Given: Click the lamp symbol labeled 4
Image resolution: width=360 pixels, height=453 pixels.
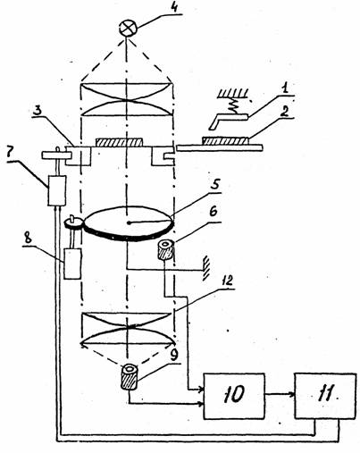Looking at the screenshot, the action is (129, 29).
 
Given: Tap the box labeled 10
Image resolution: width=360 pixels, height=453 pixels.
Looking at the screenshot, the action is (234, 396).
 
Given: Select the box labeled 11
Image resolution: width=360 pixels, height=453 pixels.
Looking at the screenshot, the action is (325, 396).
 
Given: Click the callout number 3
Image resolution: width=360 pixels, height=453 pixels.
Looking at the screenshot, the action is (38, 111).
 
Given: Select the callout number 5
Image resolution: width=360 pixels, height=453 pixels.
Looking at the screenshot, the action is (214, 185).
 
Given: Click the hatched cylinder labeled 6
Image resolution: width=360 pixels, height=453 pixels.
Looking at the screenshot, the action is (165, 249).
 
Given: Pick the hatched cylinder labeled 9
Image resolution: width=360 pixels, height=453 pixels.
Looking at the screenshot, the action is (130, 377).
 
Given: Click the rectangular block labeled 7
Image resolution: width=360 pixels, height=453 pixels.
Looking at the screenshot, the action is (57, 190).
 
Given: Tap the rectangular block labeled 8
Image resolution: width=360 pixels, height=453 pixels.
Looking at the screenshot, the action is (73, 264).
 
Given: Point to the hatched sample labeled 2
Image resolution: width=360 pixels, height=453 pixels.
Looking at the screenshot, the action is (226, 140).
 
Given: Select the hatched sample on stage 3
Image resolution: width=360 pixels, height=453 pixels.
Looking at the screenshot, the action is (119, 142).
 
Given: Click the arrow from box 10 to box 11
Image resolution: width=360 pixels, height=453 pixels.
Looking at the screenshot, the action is (280, 394).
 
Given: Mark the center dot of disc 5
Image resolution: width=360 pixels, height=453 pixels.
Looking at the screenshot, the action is (129, 222).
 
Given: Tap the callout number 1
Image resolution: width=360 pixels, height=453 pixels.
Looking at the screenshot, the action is (285, 88).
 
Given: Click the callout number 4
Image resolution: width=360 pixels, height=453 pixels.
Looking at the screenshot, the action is (174, 6).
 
